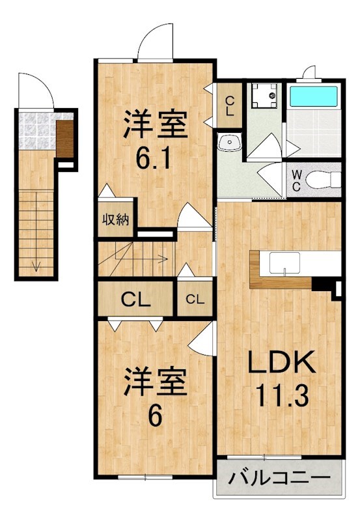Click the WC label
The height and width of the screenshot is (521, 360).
click(x=296, y=180)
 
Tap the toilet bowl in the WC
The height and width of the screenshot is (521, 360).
click(x=323, y=180)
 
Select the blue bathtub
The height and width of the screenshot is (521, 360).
click(x=314, y=96)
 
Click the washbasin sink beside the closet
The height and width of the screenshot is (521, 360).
click(x=230, y=142)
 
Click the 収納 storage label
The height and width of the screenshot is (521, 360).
click(x=115, y=219)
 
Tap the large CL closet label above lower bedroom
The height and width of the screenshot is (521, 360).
click(x=136, y=300)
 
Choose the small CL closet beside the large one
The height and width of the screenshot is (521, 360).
click(x=195, y=300)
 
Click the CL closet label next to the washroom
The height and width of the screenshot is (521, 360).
click(x=230, y=106)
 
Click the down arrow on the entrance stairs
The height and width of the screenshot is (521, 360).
click(x=36, y=265)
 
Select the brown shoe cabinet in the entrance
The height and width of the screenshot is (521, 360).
click(x=64, y=139)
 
